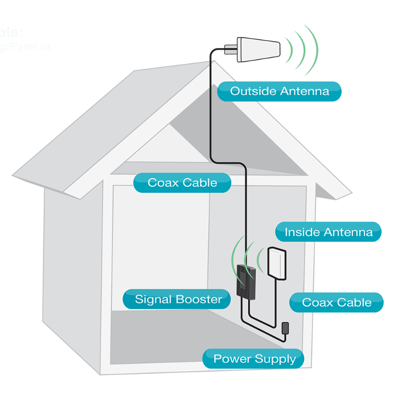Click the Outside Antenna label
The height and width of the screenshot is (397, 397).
(279, 91)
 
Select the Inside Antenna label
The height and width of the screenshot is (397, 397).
(328, 232)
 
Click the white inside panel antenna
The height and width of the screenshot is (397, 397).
(277, 262)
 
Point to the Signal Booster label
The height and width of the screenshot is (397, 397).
(178, 299)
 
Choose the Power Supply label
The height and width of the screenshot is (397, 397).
(254, 359)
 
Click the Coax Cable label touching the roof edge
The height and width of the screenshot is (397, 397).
(182, 183)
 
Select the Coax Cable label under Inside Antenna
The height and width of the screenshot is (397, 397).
(336, 302)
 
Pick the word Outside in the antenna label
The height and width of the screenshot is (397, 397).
(253, 91)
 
